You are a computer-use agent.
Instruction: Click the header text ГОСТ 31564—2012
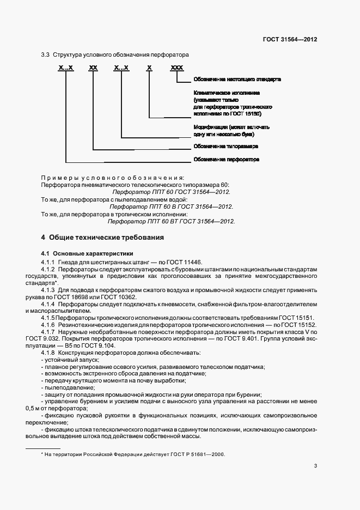click(290, 40)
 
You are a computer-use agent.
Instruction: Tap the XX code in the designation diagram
click(93, 68)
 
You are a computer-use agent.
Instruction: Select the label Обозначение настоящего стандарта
click(237, 80)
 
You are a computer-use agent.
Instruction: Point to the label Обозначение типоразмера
click(225, 147)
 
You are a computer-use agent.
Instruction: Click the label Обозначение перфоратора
click(226, 160)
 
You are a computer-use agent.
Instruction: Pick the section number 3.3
click(46, 55)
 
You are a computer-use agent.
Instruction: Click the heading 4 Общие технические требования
click(102, 238)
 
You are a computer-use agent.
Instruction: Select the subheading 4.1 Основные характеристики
click(87, 254)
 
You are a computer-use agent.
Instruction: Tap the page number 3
click(315, 465)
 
